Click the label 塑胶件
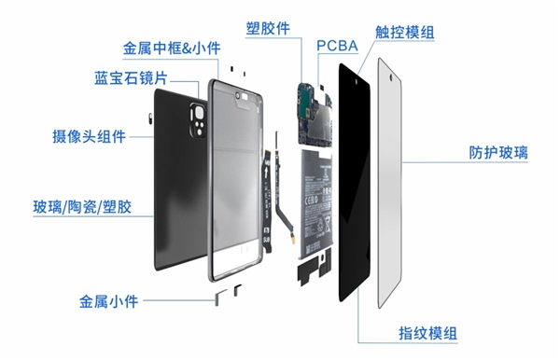click(x=268, y=28)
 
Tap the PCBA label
click(x=337, y=46)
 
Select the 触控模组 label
click(x=405, y=32)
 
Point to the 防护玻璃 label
click(x=498, y=153)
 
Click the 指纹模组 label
click(x=427, y=334)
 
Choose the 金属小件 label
click(x=108, y=301)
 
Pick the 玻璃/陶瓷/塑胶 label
click(x=82, y=207)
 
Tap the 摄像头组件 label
click(x=89, y=136)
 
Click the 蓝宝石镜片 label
click(x=131, y=78)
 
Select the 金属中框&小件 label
click(x=172, y=48)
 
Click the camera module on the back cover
click(x=199, y=120)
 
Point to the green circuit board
click(x=315, y=114)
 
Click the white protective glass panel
click(x=390, y=183)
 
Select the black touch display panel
click(x=355, y=183)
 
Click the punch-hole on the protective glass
click(x=391, y=77)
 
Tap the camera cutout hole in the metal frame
click(x=237, y=95)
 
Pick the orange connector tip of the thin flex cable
click(x=293, y=239)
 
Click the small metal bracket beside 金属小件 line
click(x=220, y=298)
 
